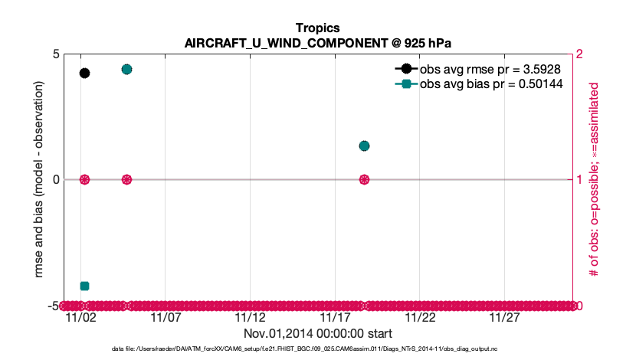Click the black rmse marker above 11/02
(84, 73)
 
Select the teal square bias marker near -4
(84, 286)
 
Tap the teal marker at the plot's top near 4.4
(127, 69)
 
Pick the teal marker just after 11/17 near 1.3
(365, 146)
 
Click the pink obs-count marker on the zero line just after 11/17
(365, 179)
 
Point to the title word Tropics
(317, 28)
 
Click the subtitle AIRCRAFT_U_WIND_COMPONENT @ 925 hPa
(317, 43)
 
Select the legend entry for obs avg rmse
(476, 69)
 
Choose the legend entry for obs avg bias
(476, 84)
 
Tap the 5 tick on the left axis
(56, 54)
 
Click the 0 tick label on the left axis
(56, 179)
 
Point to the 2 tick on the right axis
(579, 54)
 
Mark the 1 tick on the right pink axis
(579, 179)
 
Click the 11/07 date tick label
(165, 317)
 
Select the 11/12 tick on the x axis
(250, 317)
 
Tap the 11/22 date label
(420, 317)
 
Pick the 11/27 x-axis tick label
(505, 317)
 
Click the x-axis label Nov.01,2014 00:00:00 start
(317, 333)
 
